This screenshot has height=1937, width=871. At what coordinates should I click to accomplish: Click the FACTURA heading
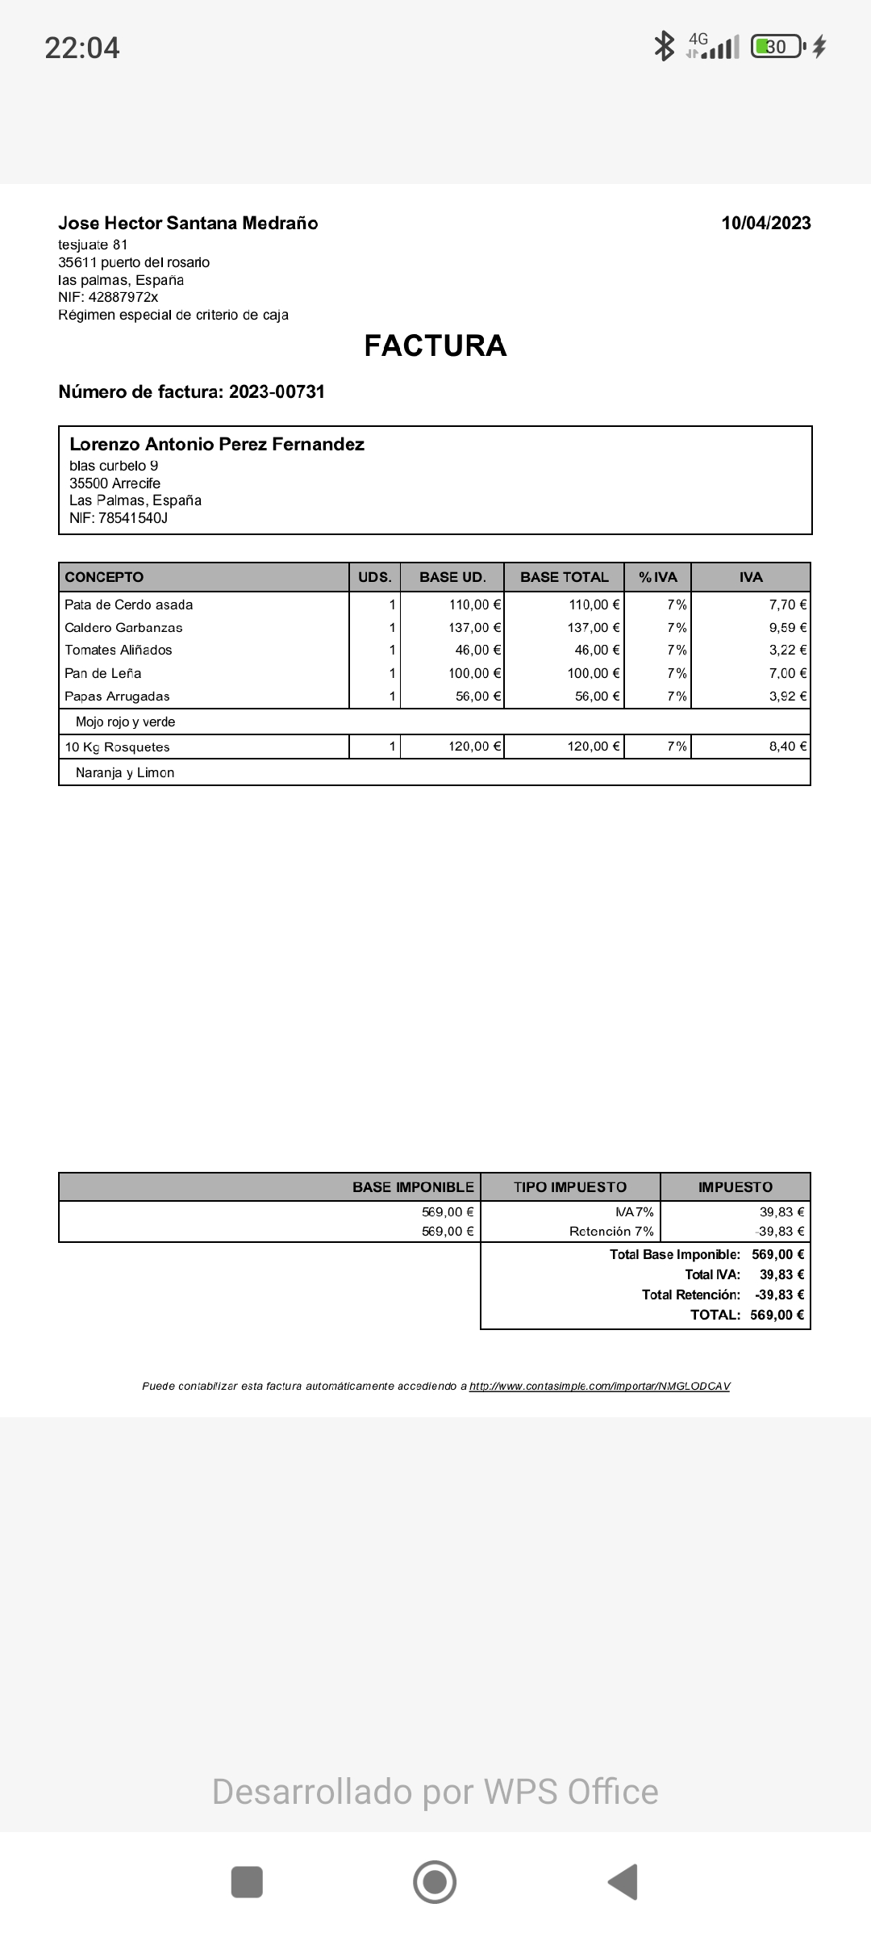click(435, 345)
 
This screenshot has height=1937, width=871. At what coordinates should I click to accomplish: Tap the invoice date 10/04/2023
click(766, 224)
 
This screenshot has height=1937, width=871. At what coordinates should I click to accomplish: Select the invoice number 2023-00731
click(276, 392)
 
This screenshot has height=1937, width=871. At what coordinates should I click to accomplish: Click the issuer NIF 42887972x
click(123, 298)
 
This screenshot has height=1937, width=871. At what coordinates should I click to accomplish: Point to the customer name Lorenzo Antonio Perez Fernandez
click(217, 445)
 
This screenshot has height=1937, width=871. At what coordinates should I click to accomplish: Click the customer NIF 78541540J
click(132, 518)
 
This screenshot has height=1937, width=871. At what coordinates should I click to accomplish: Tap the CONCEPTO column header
click(104, 577)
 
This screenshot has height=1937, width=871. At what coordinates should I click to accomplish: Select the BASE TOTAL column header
click(564, 577)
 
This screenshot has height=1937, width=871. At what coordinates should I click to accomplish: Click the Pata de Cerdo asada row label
click(129, 605)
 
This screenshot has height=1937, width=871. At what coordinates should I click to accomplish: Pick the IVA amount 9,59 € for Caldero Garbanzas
click(787, 627)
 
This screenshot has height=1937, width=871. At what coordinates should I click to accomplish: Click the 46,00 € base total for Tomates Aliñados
click(597, 650)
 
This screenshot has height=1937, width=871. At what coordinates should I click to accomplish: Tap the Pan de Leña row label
click(103, 673)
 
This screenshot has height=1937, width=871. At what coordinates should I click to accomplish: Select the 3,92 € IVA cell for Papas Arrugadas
click(787, 696)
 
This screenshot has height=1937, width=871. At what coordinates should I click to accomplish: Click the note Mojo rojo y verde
click(125, 722)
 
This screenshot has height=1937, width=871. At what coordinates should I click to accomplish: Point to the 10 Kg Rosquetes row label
click(117, 747)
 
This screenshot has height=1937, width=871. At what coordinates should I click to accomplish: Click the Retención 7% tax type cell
click(611, 1231)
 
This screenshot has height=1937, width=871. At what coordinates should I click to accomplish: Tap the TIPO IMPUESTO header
click(569, 1187)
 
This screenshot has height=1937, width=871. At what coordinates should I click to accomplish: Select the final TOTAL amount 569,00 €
click(777, 1315)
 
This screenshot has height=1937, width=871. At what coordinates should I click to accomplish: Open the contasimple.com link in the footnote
click(599, 1386)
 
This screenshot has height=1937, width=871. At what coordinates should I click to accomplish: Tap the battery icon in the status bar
click(777, 47)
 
